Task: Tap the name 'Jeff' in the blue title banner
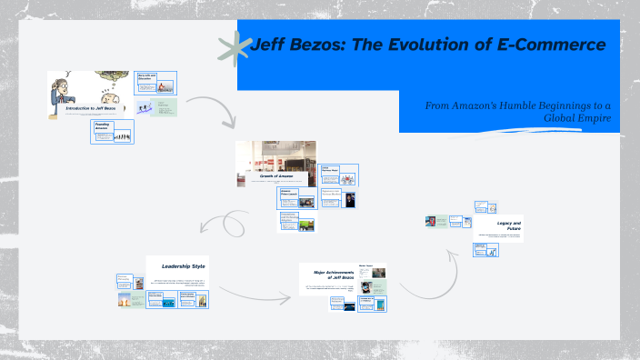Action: pos(269,45)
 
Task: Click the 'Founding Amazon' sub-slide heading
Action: pos(103,126)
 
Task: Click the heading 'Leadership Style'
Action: pos(183,266)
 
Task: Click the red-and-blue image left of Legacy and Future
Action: pos(430,221)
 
